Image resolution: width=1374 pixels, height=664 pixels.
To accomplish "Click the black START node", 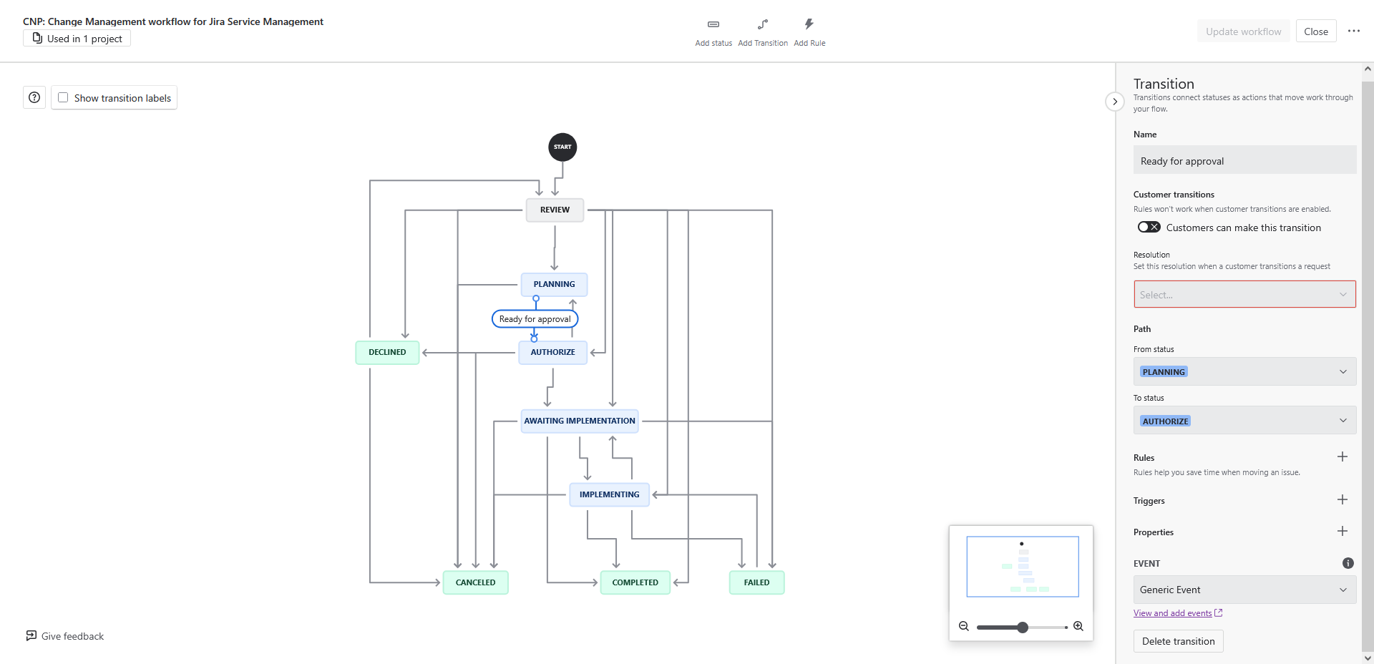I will click(562, 147).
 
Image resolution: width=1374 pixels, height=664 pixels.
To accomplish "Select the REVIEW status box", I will click(555, 210).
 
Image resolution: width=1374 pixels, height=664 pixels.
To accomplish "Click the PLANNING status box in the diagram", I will click(554, 284).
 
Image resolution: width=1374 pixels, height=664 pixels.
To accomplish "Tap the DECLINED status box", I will click(387, 352).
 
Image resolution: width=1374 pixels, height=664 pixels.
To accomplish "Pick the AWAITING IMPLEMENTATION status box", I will click(579, 421).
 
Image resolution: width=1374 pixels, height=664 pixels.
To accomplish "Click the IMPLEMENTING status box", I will click(609, 494).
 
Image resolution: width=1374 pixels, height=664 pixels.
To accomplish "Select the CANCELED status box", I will click(475, 582).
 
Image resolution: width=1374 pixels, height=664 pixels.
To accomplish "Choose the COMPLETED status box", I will click(635, 582).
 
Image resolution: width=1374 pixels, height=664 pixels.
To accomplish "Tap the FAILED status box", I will click(756, 582).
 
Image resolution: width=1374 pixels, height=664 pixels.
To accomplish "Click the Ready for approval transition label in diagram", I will click(535, 319).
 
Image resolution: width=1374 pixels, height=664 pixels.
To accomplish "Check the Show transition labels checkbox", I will click(63, 98).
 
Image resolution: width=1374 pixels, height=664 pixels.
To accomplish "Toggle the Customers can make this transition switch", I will click(1149, 228).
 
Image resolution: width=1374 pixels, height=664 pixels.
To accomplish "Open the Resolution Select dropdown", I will click(1244, 295).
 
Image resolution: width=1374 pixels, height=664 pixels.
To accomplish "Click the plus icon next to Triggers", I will click(1342, 500).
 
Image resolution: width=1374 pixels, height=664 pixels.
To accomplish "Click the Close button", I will click(1315, 31).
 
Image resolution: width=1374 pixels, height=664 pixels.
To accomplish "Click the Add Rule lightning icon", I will click(809, 25).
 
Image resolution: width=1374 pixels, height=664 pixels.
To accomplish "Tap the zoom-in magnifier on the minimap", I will click(1078, 627).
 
